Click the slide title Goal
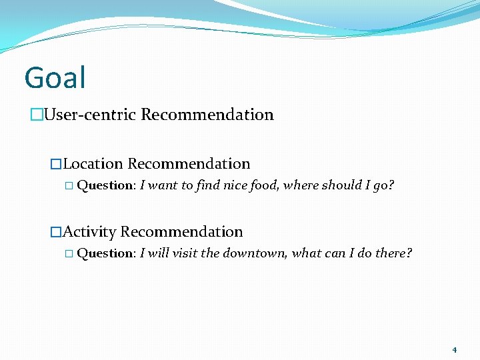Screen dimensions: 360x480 click(55, 77)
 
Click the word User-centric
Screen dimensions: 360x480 click(90, 115)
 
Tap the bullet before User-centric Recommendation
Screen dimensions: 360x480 click(36, 115)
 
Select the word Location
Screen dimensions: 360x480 click(93, 164)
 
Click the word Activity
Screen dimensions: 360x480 click(90, 232)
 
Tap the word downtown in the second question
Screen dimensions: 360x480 click(253, 253)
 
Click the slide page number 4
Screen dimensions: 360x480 click(454, 350)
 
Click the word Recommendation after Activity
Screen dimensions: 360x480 click(181, 232)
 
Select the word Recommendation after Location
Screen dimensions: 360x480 click(189, 164)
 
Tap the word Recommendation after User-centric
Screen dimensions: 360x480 click(207, 115)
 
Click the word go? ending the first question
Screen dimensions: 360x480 click(383, 185)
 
